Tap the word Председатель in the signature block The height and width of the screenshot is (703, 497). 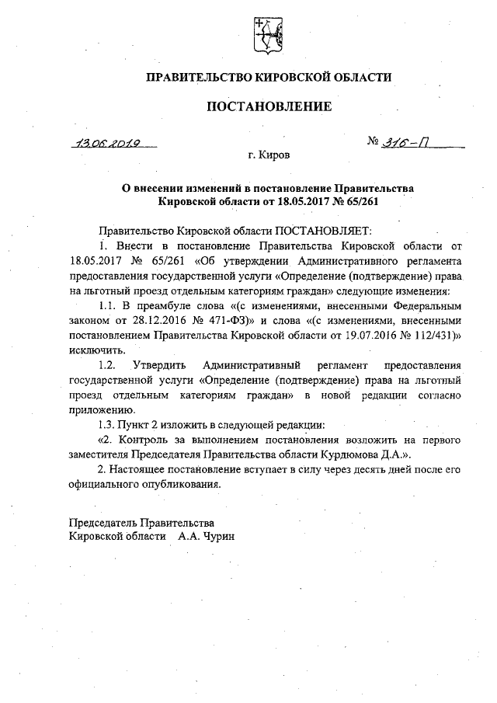click(x=103, y=523)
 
